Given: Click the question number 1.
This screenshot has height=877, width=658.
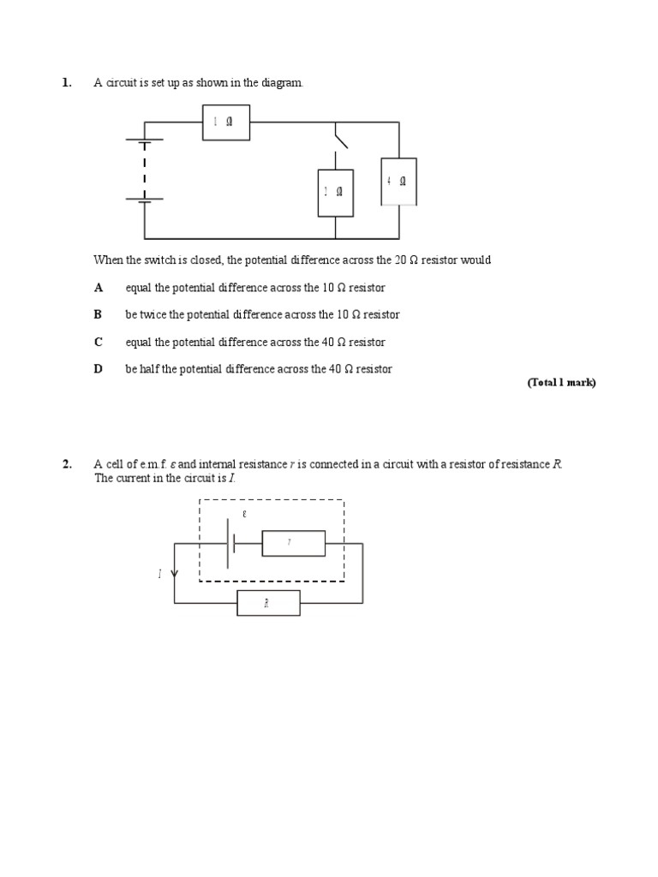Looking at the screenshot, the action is click(x=66, y=83).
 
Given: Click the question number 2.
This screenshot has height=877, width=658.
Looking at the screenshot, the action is click(x=66, y=464).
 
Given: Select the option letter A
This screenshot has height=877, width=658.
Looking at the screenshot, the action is click(x=99, y=288).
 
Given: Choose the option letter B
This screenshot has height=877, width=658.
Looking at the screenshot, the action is click(x=99, y=315).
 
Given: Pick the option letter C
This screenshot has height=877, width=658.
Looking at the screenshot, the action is click(x=99, y=343).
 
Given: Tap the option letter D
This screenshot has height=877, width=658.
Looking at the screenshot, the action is click(x=99, y=369).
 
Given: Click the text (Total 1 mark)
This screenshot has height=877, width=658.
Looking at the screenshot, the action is click(x=560, y=383).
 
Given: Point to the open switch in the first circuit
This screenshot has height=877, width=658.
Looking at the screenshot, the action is click(x=340, y=137).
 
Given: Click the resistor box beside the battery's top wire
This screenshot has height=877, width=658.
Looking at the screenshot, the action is click(x=226, y=122).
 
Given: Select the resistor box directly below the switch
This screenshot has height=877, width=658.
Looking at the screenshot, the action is click(x=335, y=193).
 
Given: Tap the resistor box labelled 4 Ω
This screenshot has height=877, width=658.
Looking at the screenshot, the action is click(x=398, y=182).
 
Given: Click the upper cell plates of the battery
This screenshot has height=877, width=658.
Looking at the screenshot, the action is click(x=144, y=143).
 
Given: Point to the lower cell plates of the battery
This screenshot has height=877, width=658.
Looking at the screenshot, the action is click(x=144, y=199).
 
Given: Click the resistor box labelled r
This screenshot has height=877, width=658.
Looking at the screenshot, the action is click(x=293, y=544).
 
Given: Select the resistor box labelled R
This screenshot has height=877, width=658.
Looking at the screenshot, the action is click(x=268, y=603).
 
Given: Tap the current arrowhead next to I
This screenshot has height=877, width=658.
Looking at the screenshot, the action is click(x=175, y=574).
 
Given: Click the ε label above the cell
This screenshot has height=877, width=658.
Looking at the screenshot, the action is click(x=244, y=515).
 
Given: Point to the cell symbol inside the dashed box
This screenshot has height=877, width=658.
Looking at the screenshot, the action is click(x=230, y=544).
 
